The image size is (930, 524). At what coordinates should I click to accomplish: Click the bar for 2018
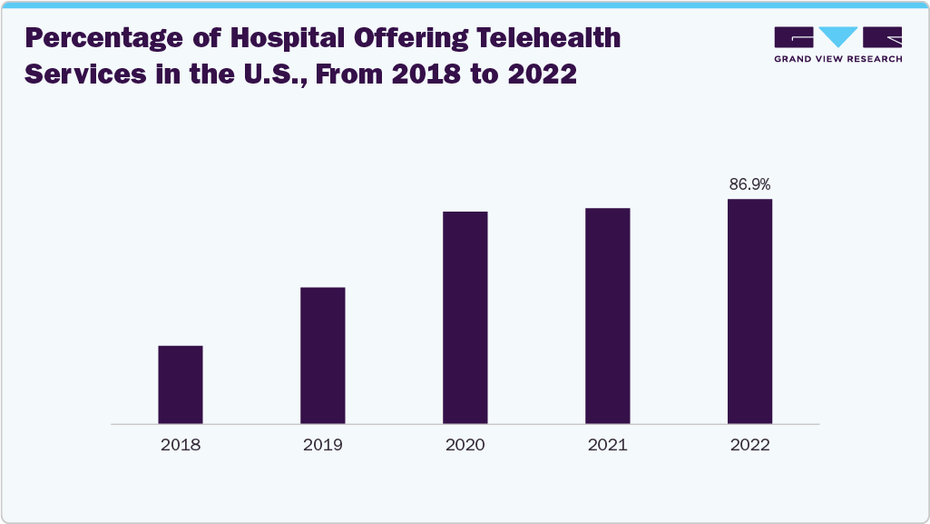point(181,384)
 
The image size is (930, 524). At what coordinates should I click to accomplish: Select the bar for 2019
point(323,355)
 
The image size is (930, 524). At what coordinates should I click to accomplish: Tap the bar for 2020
point(465,317)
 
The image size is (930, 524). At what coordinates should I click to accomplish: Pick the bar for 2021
point(608,315)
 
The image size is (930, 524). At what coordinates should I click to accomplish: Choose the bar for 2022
point(750,311)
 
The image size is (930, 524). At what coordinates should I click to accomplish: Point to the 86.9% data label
point(750,184)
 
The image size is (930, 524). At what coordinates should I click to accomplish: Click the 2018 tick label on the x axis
point(181,445)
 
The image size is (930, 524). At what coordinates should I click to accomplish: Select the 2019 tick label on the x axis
point(323,445)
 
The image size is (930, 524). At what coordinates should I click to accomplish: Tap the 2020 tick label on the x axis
point(465,445)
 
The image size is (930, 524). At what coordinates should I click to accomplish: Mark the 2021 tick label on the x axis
point(608,445)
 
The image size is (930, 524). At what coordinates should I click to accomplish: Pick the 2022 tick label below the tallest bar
point(750,445)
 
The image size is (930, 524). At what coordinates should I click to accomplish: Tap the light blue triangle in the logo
point(837,37)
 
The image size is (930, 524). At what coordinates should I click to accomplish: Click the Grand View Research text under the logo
point(837,59)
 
